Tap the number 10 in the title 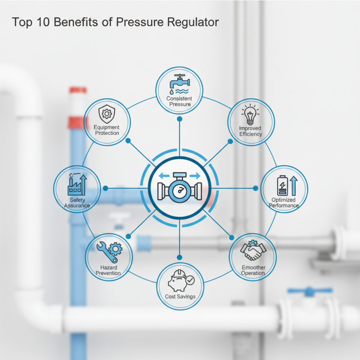pyautogui.click(x=45, y=22)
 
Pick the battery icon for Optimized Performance pyautogui.click(x=285, y=185)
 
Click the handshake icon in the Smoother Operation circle pyautogui.click(x=252, y=251)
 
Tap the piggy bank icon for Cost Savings pyautogui.click(x=179, y=282)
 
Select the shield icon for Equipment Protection pyautogui.click(x=107, y=114)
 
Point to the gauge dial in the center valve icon pyautogui.click(x=180, y=192)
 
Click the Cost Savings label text pyautogui.click(x=180, y=297)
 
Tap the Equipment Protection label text pyautogui.click(x=107, y=130)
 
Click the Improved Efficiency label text pyautogui.click(x=251, y=131)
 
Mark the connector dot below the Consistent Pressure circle pyautogui.click(x=180, y=120)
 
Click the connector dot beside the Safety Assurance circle pyautogui.click(x=105, y=188)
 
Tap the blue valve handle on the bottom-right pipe pyautogui.click(x=309, y=292)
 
